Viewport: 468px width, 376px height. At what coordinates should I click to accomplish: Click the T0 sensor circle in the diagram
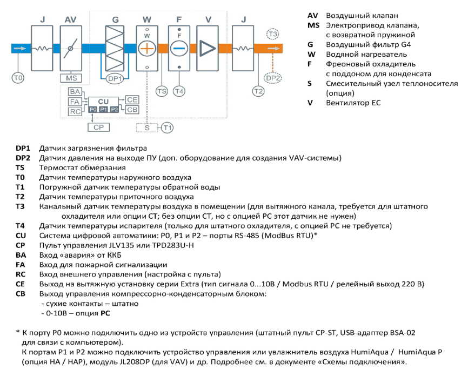(x=18, y=78)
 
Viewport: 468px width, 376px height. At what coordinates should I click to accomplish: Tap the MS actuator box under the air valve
(x=71, y=78)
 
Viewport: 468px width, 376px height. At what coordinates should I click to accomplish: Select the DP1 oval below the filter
(x=115, y=79)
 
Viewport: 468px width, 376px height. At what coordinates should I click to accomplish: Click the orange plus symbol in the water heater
(x=147, y=48)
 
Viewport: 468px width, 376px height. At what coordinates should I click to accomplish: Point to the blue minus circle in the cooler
(x=179, y=48)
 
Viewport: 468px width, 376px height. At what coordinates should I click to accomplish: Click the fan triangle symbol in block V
(x=208, y=48)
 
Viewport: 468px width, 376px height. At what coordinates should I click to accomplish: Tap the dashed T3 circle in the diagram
(x=272, y=34)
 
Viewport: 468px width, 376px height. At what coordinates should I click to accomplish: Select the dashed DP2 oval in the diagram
(x=273, y=78)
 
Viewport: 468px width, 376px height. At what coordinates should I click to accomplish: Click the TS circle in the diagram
(x=162, y=91)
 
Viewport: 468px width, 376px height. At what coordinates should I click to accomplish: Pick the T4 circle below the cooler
(x=179, y=91)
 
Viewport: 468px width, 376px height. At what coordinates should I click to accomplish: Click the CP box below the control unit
(x=98, y=127)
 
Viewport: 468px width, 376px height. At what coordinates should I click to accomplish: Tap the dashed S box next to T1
(x=147, y=127)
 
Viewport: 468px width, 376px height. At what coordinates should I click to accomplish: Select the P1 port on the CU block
(x=104, y=110)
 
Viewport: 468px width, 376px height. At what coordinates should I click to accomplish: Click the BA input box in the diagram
(x=75, y=92)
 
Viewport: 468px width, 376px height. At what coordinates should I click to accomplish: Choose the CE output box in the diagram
(x=132, y=99)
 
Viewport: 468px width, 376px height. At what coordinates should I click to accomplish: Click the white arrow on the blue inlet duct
(x=19, y=48)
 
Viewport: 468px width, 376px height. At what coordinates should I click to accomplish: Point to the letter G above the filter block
(x=115, y=19)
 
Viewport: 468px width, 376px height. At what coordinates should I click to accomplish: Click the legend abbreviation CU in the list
(x=21, y=236)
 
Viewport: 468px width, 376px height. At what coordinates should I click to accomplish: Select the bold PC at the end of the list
(x=105, y=313)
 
